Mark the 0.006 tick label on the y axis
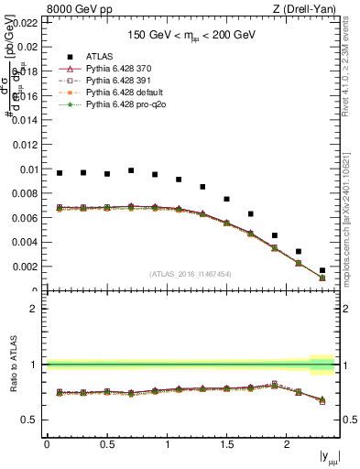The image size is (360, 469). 26,218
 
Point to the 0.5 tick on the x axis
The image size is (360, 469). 107,444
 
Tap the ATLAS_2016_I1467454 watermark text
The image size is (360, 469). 191,274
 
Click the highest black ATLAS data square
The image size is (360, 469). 131,170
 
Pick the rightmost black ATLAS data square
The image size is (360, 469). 322,270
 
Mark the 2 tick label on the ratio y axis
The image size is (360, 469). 34,309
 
